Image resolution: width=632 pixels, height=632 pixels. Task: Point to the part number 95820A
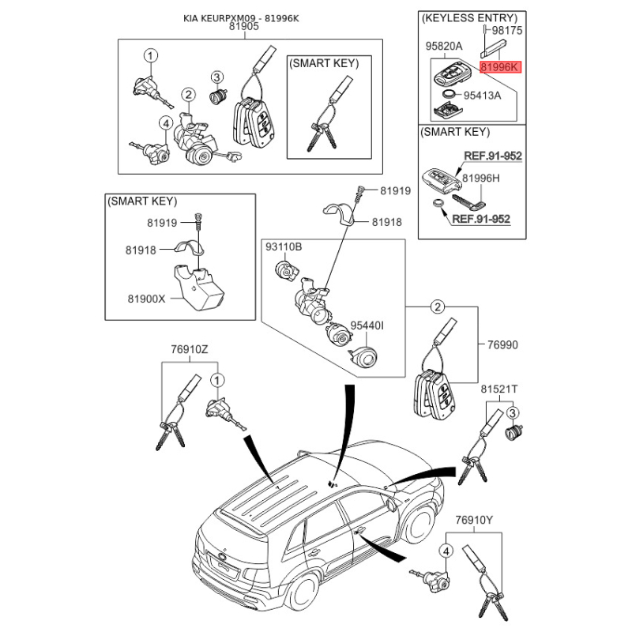pos(444,47)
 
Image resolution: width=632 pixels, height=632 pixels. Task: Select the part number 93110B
pos(284,248)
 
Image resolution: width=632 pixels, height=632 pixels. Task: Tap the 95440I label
pos(367,325)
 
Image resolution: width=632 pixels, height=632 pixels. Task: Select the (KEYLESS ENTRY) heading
pos(469,17)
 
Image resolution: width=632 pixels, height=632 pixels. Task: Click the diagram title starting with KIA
pos(245,16)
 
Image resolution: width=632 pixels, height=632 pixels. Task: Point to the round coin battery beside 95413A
pos(448,94)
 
